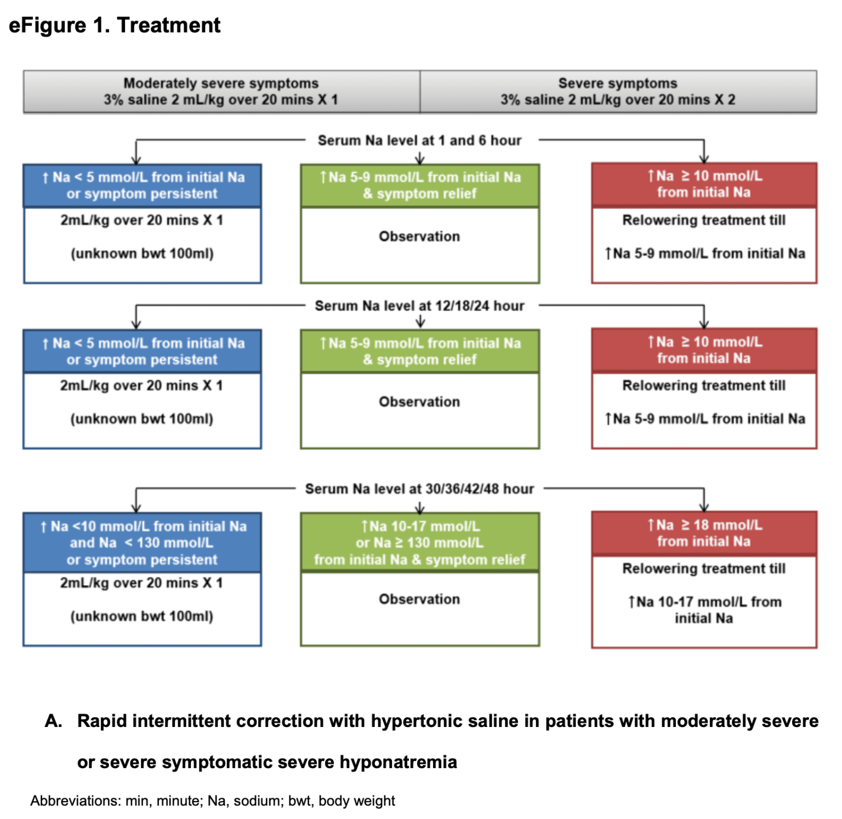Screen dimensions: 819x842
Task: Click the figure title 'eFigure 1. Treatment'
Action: coord(115,25)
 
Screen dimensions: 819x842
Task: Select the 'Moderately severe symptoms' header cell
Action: coord(221,91)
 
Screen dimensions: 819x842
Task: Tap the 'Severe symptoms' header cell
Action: coord(618,91)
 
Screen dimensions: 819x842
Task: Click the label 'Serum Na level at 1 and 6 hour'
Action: coord(419,141)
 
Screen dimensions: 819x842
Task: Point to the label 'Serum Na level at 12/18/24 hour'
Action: coord(419,306)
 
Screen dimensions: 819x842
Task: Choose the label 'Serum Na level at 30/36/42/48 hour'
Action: coord(419,489)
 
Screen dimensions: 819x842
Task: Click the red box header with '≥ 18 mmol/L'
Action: coord(704,533)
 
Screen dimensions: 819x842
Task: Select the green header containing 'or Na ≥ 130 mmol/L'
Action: coord(419,542)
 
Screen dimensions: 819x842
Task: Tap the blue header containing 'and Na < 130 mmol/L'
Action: coord(142,542)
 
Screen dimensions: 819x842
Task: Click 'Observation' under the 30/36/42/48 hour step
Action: coord(419,599)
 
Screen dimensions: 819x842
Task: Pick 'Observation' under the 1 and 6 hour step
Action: coord(419,236)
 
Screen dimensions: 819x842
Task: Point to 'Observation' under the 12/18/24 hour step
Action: coord(419,402)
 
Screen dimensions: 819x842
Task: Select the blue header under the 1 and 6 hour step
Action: coord(142,185)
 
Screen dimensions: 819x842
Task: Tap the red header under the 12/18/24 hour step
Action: coord(704,350)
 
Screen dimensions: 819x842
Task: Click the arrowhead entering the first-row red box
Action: coord(704,159)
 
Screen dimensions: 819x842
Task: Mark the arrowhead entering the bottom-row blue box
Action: coord(136,508)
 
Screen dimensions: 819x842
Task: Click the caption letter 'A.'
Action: coord(53,721)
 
